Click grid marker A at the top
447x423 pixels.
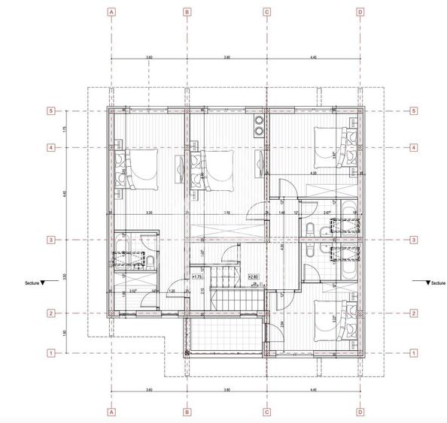pos(111,12)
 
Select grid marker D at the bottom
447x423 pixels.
pos(360,411)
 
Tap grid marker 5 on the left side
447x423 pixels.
pos(50,111)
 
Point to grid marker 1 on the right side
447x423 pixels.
pos(413,352)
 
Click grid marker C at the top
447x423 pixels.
pos(266,12)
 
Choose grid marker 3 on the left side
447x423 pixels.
pos(50,240)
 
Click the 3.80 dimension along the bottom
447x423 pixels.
pos(226,390)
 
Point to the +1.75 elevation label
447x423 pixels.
pos(199,276)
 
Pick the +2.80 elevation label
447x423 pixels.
pos(254,276)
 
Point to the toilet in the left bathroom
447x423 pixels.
pos(149,261)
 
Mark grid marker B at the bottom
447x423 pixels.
pos(187,411)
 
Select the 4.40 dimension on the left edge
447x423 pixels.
pos(65,194)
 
